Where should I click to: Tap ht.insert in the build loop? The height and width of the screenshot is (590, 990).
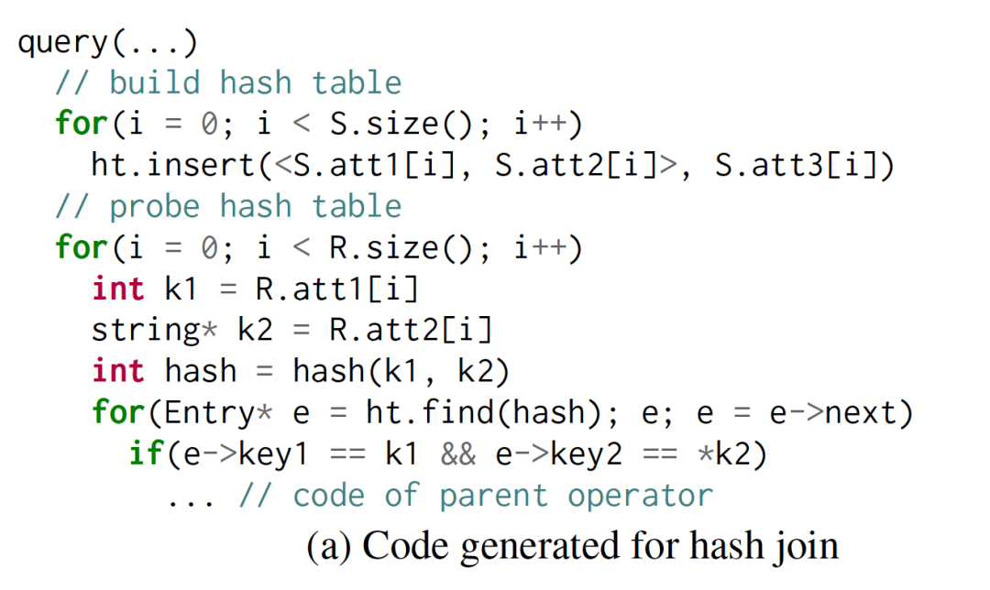173,166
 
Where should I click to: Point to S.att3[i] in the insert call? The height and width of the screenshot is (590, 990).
797,166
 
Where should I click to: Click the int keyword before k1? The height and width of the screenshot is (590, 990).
118,290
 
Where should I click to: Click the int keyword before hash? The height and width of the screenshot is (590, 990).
118,372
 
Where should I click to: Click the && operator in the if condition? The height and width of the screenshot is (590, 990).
457,454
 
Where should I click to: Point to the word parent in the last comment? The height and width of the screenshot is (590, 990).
494,496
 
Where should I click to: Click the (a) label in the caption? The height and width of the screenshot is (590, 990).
327,547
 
